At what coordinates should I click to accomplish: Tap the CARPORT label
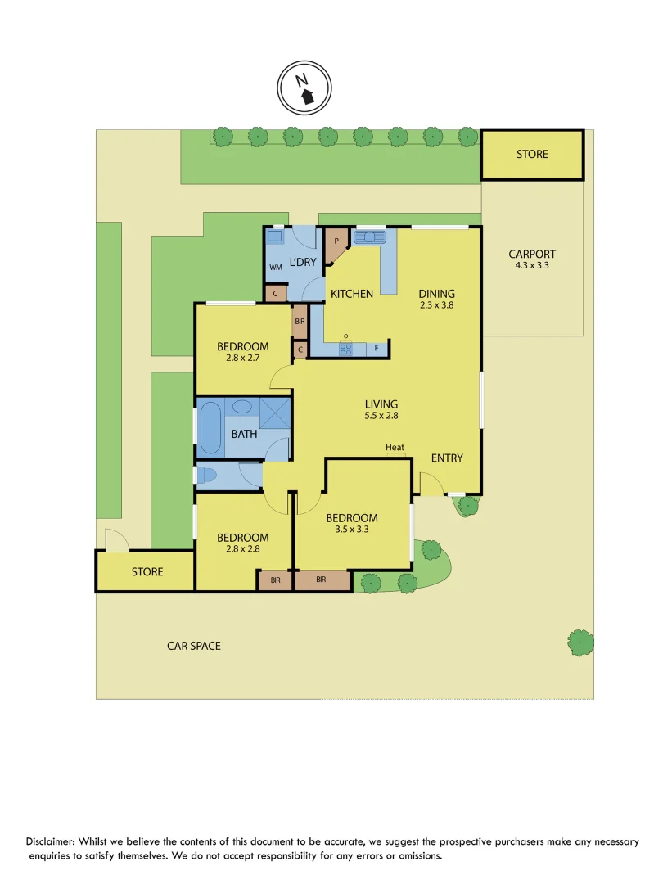[x=532, y=254]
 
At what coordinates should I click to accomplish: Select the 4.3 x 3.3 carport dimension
[x=532, y=265]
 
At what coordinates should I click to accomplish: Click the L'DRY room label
[x=303, y=261]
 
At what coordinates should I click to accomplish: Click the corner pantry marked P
[x=335, y=243]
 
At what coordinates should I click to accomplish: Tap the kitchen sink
[x=369, y=238]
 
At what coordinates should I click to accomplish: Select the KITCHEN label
[x=352, y=294]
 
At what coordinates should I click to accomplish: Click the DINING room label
[x=436, y=294]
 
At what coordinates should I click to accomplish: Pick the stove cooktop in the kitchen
[x=346, y=349]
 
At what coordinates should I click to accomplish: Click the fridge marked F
[x=377, y=349]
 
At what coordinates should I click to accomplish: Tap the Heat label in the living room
[x=395, y=447]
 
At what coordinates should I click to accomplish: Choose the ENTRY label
[x=447, y=458]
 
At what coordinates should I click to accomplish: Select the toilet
[x=208, y=476]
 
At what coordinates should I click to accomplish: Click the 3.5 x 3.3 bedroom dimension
[x=352, y=530]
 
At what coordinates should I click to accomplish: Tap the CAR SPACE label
[x=194, y=646]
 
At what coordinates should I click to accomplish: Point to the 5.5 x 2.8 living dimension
[x=381, y=416]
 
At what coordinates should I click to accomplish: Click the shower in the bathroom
[x=276, y=413]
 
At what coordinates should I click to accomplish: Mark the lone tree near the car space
[x=580, y=642]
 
